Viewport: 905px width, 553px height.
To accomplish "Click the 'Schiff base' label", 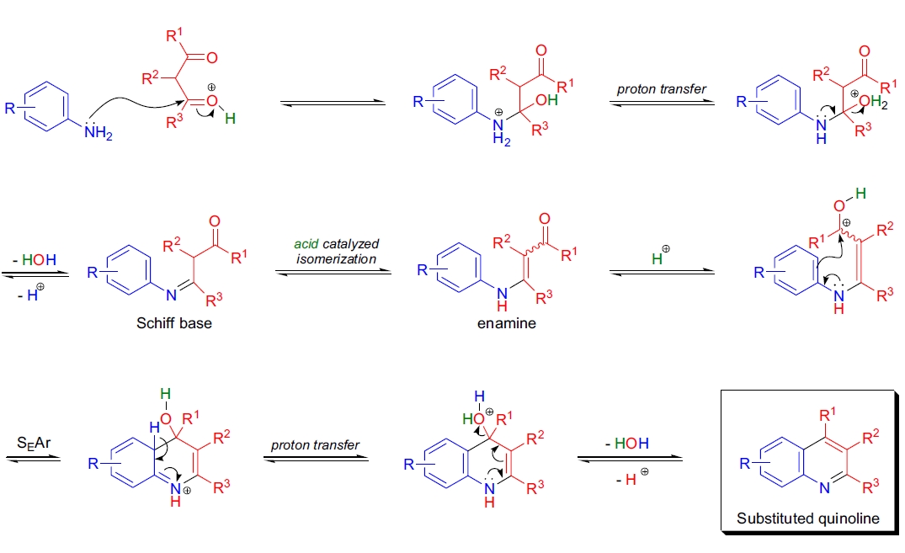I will point(174,323).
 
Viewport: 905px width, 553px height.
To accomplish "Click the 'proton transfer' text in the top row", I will point(663,88).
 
